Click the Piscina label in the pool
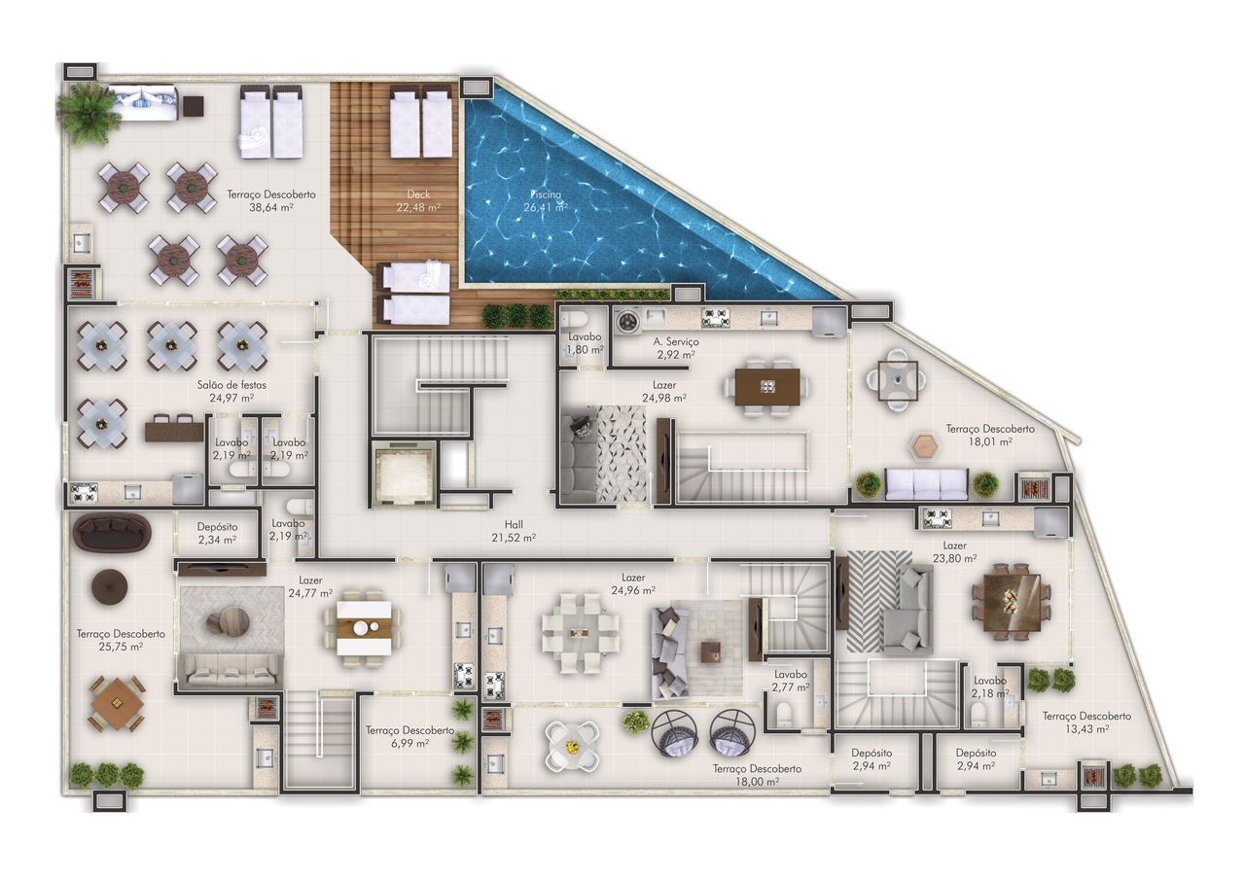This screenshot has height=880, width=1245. [x=546, y=194]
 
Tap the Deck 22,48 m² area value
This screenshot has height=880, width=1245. [x=418, y=208]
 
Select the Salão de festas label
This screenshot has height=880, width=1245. [x=231, y=385]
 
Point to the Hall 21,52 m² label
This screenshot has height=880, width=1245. [x=514, y=531]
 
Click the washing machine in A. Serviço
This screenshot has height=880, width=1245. [x=628, y=320]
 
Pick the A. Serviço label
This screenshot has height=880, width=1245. [x=676, y=341]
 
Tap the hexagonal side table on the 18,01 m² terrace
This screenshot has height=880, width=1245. [x=924, y=445]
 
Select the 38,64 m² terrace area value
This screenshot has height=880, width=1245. [x=271, y=208]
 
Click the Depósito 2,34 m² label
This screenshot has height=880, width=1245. [x=217, y=533]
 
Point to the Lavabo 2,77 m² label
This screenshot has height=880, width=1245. [x=791, y=681]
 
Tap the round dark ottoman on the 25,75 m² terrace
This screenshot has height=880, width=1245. [x=110, y=586]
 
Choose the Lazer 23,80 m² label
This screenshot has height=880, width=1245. [x=955, y=552]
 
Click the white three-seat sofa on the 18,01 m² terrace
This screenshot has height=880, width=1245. [x=927, y=484]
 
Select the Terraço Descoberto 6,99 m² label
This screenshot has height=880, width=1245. [x=410, y=737]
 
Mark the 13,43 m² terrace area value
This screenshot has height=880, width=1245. [x=1087, y=729]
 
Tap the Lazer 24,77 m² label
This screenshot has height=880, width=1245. [x=310, y=586]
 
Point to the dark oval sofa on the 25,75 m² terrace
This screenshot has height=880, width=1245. [x=112, y=533]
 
